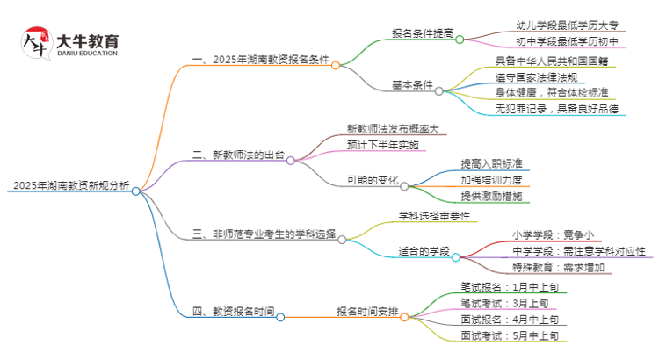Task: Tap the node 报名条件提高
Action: click(x=422, y=34)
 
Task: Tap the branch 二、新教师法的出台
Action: click(x=237, y=155)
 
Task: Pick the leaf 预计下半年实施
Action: click(x=382, y=144)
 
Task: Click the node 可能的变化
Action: click(x=373, y=181)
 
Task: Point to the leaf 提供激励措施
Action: click(x=491, y=197)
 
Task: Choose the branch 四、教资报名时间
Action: click(x=232, y=312)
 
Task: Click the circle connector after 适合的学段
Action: click(x=456, y=257)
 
